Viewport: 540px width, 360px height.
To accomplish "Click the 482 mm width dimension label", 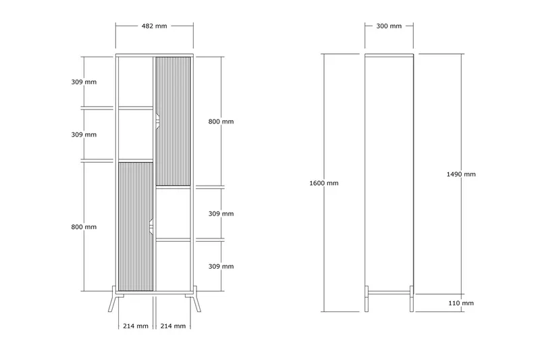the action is click(155, 26).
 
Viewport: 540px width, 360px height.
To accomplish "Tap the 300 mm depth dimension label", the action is click(389, 26).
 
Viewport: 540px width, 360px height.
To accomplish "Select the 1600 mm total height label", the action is click(324, 183).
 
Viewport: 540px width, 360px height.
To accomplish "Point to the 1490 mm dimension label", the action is click(461, 174).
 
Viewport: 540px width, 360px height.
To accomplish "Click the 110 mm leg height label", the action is click(461, 303).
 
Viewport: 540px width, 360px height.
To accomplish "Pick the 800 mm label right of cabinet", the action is click(221, 122).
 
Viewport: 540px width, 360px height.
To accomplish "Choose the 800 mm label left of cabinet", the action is click(84, 227).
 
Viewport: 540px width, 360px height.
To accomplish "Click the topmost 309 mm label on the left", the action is click(84, 82).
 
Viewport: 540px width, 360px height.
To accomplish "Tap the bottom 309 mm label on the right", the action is click(221, 267).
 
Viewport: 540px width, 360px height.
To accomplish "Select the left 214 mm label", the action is click(136, 326).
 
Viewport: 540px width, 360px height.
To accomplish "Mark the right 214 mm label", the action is click(173, 326).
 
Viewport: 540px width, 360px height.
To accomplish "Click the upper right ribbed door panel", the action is click(173, 122).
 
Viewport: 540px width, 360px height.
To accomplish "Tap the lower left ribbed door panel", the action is click(136, 226).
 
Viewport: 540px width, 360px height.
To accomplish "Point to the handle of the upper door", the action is click(157, 122).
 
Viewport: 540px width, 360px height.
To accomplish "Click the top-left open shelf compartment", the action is click(136, 82).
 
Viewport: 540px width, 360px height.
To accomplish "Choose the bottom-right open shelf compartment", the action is click(173, 266).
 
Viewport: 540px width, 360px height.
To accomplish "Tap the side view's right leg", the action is click(412, 299).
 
